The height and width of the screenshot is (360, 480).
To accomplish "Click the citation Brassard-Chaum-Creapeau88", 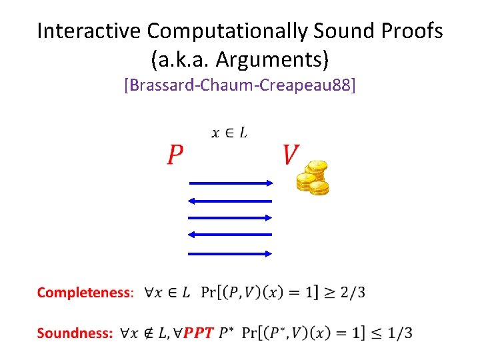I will click(x=240, y=86).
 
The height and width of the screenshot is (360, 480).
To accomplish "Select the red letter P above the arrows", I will click(x=175, y=155).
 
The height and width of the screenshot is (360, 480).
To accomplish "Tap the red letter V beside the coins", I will click(x=289, y=155).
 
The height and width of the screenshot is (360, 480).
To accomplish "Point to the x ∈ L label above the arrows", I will click(x=229, y=133).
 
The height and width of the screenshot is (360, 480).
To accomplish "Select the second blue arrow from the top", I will click(x=230, y=200).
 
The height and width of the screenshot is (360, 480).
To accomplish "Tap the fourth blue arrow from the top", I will click(x=230, y=234).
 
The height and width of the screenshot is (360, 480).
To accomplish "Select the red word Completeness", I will click(x=85, y=293).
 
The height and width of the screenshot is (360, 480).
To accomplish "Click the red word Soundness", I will click(x=75, y=333).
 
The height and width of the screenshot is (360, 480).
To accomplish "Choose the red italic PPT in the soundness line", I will click(x=198, y=333).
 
